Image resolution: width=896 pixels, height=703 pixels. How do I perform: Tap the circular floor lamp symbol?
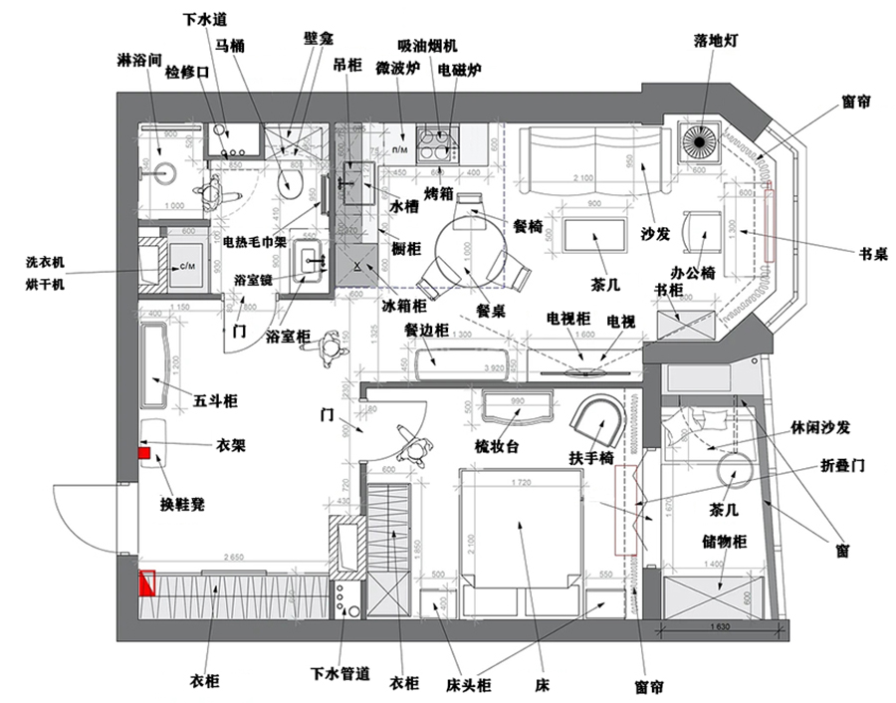700,142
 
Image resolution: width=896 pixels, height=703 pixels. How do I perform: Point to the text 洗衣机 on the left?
45,263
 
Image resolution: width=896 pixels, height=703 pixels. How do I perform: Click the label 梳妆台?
498,447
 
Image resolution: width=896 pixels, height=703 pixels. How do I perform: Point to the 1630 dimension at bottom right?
724,627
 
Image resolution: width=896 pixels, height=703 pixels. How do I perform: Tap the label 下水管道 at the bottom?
340,674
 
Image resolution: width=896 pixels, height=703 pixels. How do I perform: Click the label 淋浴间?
139,60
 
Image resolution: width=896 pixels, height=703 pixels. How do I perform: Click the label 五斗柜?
216,401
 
